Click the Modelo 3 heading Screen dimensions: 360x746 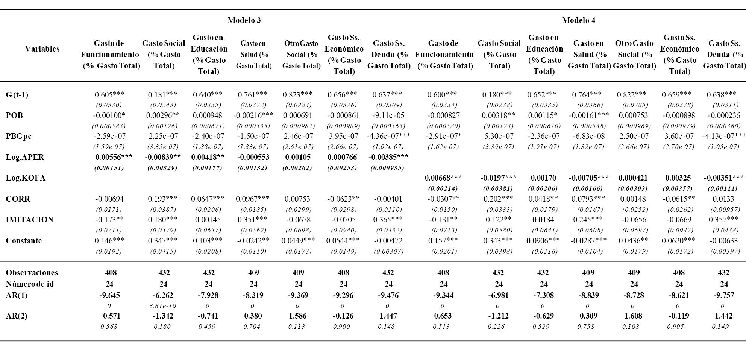(244, 20)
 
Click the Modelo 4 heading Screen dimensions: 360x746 (578, 20)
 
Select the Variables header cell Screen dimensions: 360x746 (42, 49)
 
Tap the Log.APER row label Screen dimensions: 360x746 (25, 157)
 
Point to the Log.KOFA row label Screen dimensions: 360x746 (26, 178)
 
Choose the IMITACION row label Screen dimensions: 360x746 (30, 220)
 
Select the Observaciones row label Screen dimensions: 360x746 (32, 273)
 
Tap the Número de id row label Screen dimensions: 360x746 (30, 284)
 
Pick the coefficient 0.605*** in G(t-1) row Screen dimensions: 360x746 (109, 95)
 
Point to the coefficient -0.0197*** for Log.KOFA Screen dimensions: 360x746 (498, 178)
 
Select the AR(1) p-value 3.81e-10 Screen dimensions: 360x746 (163, 306)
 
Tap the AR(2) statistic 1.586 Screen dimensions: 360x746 (299, 316)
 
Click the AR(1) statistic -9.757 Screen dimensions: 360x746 (724, 295)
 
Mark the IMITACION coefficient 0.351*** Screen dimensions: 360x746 (253, 220)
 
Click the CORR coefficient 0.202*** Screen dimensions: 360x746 (498, 199)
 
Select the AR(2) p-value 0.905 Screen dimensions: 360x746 (679, 327)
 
